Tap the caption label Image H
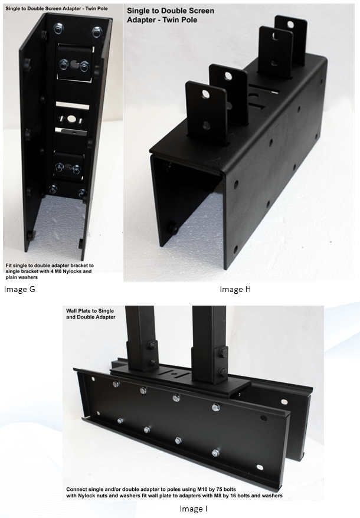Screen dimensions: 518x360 [235, 289]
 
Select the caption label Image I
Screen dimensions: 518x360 [193, 509]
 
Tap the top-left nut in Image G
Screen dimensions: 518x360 [58, 28]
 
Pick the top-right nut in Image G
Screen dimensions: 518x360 [96, 31]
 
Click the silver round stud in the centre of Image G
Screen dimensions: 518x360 [71, 119]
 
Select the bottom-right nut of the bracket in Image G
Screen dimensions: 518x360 [82, 192]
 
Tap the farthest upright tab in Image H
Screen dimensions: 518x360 [291, 38]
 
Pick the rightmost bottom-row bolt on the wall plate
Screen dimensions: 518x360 [215, 453]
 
